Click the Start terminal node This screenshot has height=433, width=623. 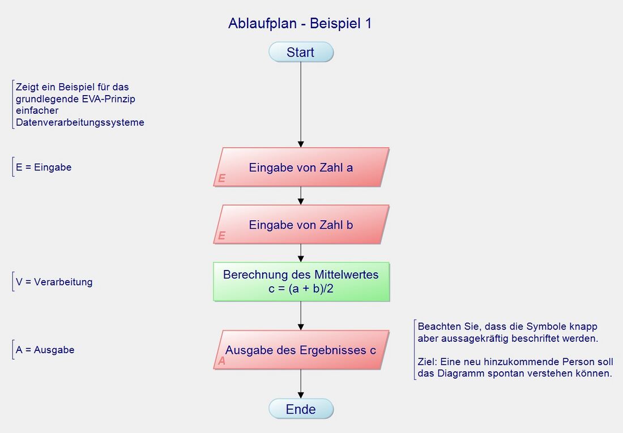tap(301, 52)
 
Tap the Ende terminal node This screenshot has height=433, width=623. tap(301, 409)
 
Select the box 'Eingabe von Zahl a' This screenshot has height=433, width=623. tap(301, 167)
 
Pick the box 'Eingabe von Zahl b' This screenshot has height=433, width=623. tap(301, 225)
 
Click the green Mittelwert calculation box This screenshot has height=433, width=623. tap(301, 281)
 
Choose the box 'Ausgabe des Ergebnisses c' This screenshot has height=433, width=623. tap(301, 350)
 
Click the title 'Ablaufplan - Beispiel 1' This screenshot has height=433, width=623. tap(300, 24)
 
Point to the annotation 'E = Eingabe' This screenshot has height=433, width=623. tap(44, 168)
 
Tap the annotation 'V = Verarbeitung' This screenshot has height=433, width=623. tap(54, 282)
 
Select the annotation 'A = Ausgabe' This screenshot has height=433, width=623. tap(45, 350)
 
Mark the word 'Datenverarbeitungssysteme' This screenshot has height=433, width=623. tap(80, 122)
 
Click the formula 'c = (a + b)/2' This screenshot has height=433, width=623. tap(301, 289)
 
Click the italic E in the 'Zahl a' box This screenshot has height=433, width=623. tap(221, 178)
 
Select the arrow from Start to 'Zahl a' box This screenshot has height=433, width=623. tap(301, 105)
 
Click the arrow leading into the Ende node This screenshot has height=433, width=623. tap(301, 385)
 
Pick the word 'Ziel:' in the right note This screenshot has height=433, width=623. tap(428, 362)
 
